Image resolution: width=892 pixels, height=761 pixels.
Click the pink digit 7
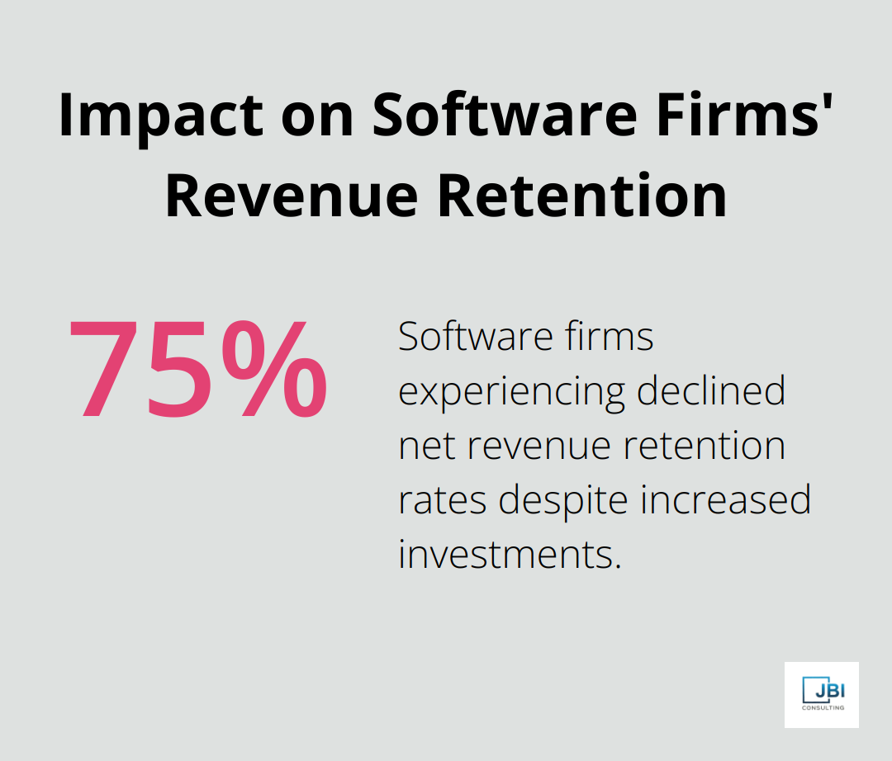click(x=109, y=369)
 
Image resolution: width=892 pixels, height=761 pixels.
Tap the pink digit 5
click(x=180, y=369)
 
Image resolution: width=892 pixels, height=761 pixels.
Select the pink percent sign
click(x=273, y=369)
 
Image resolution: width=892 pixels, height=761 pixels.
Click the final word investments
click(x=509, y=555)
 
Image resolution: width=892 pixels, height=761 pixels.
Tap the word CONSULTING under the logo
click(x=822, y=707)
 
